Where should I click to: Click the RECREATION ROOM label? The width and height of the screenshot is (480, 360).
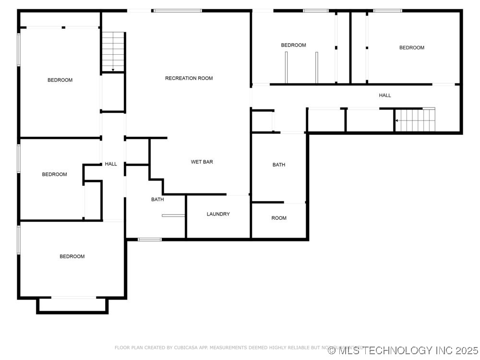[x=189, y=78]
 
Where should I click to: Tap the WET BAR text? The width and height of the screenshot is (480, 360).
[x=202, y=162]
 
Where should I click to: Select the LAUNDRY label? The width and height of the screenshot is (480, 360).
[x=218, y=214]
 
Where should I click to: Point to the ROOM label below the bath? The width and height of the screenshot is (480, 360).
[x=279, y=218]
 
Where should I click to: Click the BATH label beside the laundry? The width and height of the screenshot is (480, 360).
[x=157, y=199]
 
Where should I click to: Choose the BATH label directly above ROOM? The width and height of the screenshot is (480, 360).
[x=279, y=165]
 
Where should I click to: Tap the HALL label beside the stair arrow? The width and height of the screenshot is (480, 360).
[x=385, y=96]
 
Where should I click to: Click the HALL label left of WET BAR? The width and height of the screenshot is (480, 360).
[x=111, y=164]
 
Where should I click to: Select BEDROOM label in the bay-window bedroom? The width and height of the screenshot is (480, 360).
[x=72, y=256]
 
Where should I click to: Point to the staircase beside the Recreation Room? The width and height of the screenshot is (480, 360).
[x=113, y=52]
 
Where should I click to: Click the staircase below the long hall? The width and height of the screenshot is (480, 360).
[x=416, y=120]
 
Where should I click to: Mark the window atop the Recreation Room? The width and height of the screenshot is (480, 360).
[x=178, y=11]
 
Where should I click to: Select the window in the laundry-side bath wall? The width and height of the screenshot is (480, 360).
[x=149, y=239]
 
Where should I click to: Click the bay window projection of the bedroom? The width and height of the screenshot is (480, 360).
[x=72, y=305]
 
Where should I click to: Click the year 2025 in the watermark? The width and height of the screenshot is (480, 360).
[x=465, y=350]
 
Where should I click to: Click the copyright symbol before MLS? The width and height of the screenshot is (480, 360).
[x=332, y=351]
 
